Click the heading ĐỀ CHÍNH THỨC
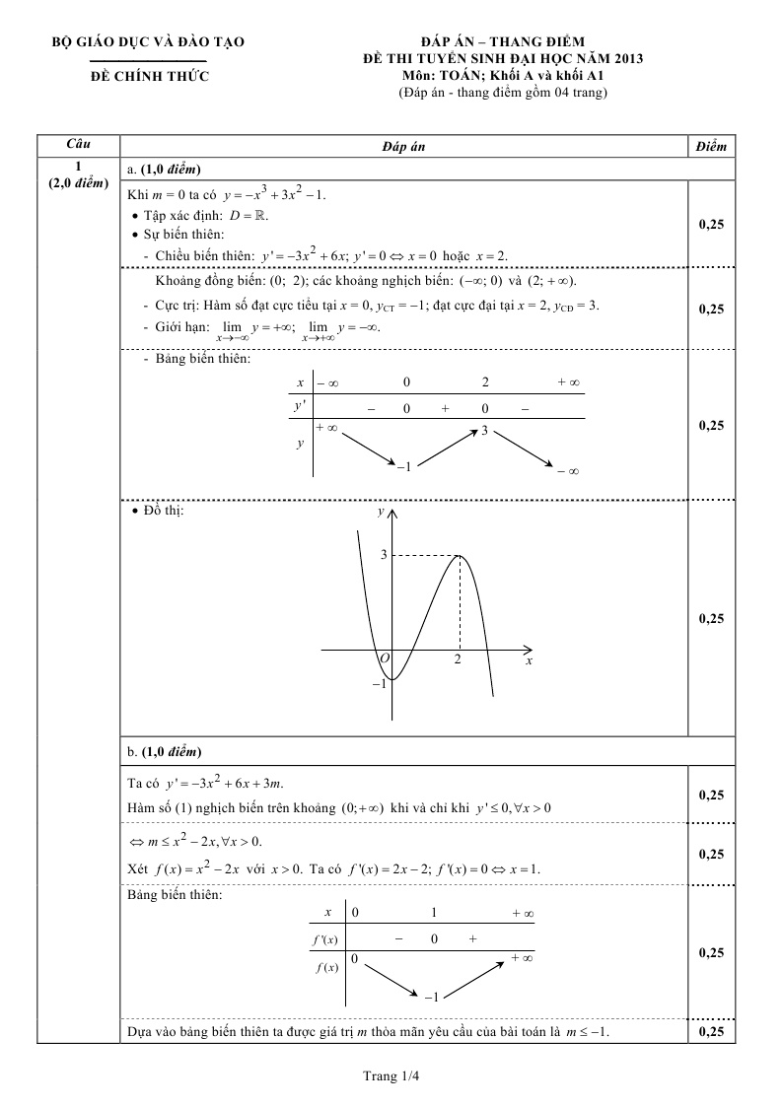[149, 77]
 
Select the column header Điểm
[710, 146]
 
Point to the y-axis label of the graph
[381, 513]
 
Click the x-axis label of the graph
[529, 660]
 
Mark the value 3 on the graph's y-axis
[384, 556]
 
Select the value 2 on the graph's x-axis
[458, 660]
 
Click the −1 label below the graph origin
[379, 683]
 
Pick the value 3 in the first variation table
[485, 431]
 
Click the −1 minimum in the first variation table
[403, 465]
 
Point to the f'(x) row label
[324, 939]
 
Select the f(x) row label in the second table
[324, 967]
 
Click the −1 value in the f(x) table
[430, 998]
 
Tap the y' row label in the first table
[299, 406]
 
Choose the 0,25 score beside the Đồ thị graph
[710, 619]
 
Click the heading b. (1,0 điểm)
[165, 752]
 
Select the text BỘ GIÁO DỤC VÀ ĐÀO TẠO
[149, 42]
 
